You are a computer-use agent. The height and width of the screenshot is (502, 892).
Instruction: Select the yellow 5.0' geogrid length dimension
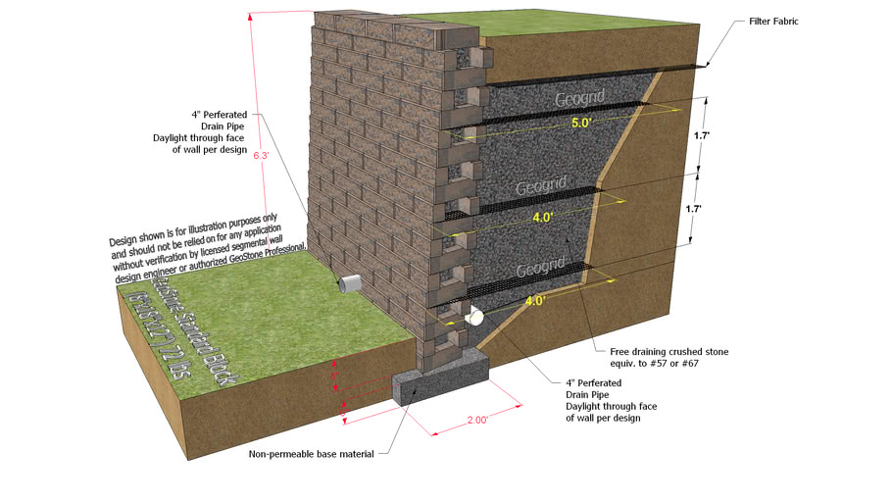(x=582, y=125)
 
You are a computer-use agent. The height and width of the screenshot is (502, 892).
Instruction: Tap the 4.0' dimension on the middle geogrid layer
(x=543, y=219)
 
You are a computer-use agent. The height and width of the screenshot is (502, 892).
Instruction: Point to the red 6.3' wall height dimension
(x=260, y=155)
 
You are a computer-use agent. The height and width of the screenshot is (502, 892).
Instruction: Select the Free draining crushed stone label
(x=662, y=357)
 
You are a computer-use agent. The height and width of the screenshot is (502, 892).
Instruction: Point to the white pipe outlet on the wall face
(x=349, y=284)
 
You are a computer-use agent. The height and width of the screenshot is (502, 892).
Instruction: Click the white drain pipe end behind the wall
(x=475, y=317)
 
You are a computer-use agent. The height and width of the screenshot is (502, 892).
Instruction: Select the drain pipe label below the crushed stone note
(x=603, y=401)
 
